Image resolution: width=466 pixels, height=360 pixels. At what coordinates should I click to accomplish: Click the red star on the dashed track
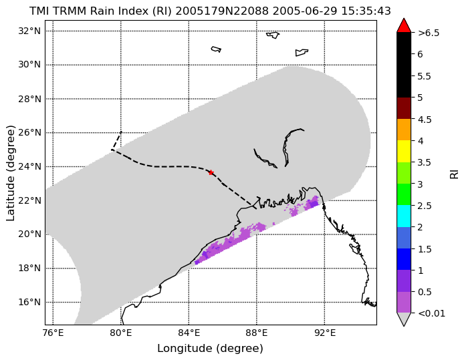pos(211,172)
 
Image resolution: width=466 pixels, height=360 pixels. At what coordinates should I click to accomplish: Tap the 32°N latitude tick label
pos(29,31)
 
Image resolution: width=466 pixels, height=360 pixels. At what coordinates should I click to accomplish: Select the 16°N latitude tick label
pos(29,302)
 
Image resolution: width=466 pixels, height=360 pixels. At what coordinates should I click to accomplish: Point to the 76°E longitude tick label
pos(53,333)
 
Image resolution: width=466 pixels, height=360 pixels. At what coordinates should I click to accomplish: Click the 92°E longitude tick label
pos(324,333)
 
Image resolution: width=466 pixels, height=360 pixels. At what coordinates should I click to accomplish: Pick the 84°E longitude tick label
pos(189,333)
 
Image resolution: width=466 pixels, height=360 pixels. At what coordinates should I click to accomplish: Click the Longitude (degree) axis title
pos(210,349)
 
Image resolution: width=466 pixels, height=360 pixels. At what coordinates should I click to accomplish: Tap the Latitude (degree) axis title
pos(11,173)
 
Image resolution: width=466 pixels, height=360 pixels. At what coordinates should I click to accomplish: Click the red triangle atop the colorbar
pos(404,25)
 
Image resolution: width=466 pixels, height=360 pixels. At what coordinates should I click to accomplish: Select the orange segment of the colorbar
pos(404,130)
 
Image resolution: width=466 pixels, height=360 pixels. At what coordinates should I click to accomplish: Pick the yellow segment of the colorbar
pos(404,152)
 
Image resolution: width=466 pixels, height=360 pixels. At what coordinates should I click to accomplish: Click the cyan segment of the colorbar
pos(404,216)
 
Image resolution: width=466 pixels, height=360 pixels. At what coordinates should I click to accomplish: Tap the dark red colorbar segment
pos(404,108)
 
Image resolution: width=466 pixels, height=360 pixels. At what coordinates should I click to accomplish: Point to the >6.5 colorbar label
pos(429,33)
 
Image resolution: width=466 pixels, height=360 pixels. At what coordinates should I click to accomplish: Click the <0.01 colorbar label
pos(431,313)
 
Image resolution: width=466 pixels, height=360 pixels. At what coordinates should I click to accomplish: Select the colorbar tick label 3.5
pos(425,162)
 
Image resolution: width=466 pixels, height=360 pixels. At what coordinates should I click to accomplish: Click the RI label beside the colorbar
pos(455,173)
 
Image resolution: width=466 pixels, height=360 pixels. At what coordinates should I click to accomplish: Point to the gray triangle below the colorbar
pos(404,319)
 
